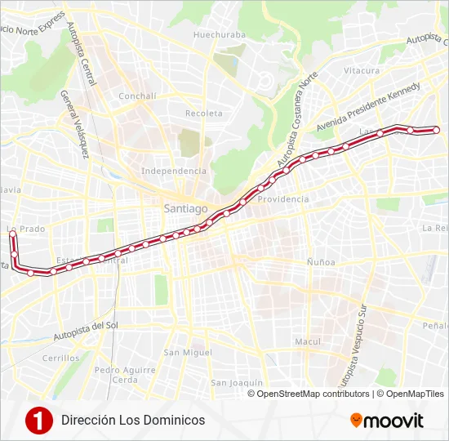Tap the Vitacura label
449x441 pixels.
362,71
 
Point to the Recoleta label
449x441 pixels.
204,113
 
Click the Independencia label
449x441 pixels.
174,171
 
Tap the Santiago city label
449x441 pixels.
185,208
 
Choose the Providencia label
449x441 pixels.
283,198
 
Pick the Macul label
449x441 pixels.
308,341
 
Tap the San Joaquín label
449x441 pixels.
236,382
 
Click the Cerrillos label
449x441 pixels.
62,358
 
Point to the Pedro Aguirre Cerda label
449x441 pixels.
125,374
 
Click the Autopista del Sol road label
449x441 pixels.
87,330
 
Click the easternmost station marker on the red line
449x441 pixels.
436,130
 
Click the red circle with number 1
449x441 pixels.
38,420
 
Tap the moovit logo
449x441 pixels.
387,421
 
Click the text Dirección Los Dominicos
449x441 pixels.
133,420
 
